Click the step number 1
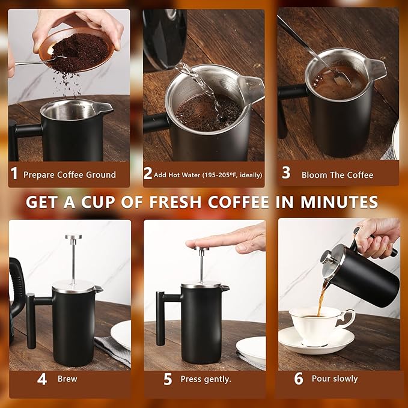coord(14,174)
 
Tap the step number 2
coord(148,174)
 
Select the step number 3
coord(286,174)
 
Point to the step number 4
coord(42,379)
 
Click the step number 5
coord(168,379)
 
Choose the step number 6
coord(299,379)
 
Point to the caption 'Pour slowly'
coord(335,379)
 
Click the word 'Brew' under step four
coord(67,379)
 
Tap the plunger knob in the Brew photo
coord(74,238)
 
